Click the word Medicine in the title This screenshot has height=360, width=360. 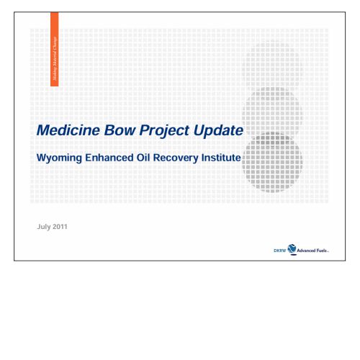coord(68,130)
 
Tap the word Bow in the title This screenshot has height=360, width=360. coord(120,130)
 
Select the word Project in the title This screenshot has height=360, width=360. coord(164,131)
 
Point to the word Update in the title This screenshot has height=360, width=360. coord(218,131)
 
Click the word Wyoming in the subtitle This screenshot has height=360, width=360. coord(59,158)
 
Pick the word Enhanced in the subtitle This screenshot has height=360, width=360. coord(109,158)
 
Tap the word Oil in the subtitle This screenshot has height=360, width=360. coord(143,158)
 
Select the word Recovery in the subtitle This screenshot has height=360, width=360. coord(176,158)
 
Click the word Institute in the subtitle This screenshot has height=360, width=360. coord(221,158)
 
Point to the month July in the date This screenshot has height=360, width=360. coord(44,227)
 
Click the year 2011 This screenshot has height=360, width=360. coord(60,227)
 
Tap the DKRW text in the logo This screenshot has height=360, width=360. coord(280,251)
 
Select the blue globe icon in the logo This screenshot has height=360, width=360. coord(292,249)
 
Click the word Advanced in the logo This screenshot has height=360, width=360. coord(306,251)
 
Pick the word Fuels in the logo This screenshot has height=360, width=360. coord(322,251)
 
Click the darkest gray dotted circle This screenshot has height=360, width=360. coord(272,162)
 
